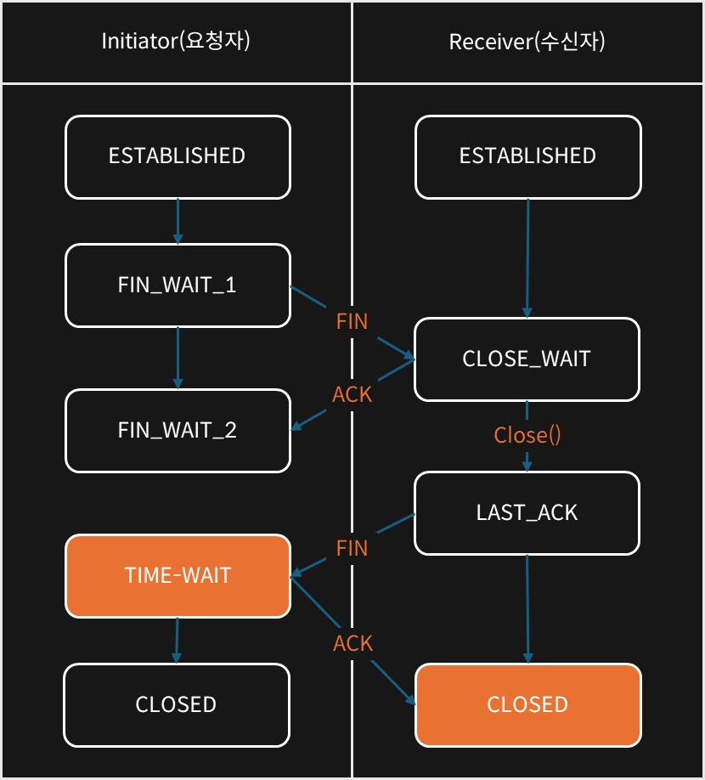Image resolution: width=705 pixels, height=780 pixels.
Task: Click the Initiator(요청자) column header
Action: point(176,41)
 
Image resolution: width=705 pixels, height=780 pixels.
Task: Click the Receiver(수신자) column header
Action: point(527,42)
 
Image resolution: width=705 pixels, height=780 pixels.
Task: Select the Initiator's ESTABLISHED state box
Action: point(178,157)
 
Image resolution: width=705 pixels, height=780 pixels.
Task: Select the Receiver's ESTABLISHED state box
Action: point(528,157)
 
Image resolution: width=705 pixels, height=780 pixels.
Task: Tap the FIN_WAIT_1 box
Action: point(178,285)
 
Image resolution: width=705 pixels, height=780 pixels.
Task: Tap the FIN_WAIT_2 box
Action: point(178,431)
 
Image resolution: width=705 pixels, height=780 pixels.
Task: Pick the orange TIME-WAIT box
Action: point(178,576)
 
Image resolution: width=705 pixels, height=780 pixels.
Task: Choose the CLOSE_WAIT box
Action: point(527,359)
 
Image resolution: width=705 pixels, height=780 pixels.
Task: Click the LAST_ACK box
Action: point(527,513)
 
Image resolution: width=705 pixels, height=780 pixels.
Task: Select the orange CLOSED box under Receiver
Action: point(528,705)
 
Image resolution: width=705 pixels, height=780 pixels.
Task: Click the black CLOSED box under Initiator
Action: point(177,705)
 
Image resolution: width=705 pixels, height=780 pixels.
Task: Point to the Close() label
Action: point(527,435)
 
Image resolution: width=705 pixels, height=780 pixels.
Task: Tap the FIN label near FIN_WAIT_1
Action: point(352,321)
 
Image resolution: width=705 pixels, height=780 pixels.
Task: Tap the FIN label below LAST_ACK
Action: point(352,548)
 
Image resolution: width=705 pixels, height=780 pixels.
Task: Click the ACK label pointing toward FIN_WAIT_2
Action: point(352,394)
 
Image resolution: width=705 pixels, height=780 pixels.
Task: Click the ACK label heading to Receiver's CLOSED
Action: point(352,643)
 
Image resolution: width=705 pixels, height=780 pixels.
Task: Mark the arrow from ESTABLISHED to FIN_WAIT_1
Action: point(178,222)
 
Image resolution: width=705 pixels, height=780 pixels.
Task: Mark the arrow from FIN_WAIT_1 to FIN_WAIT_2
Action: point(178,359)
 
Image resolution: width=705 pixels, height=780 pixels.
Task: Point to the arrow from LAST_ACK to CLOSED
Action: point(527,609)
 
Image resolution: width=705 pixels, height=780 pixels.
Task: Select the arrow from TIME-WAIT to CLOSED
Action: point(177,641)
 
